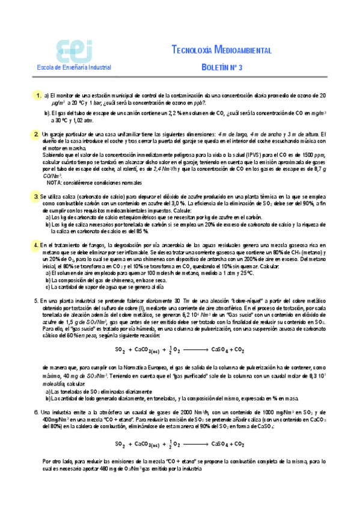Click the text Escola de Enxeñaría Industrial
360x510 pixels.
click(x=70, y=68)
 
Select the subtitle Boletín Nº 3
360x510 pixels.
click(x=222, y=67)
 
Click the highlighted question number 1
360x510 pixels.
click(x=38, y=96)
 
